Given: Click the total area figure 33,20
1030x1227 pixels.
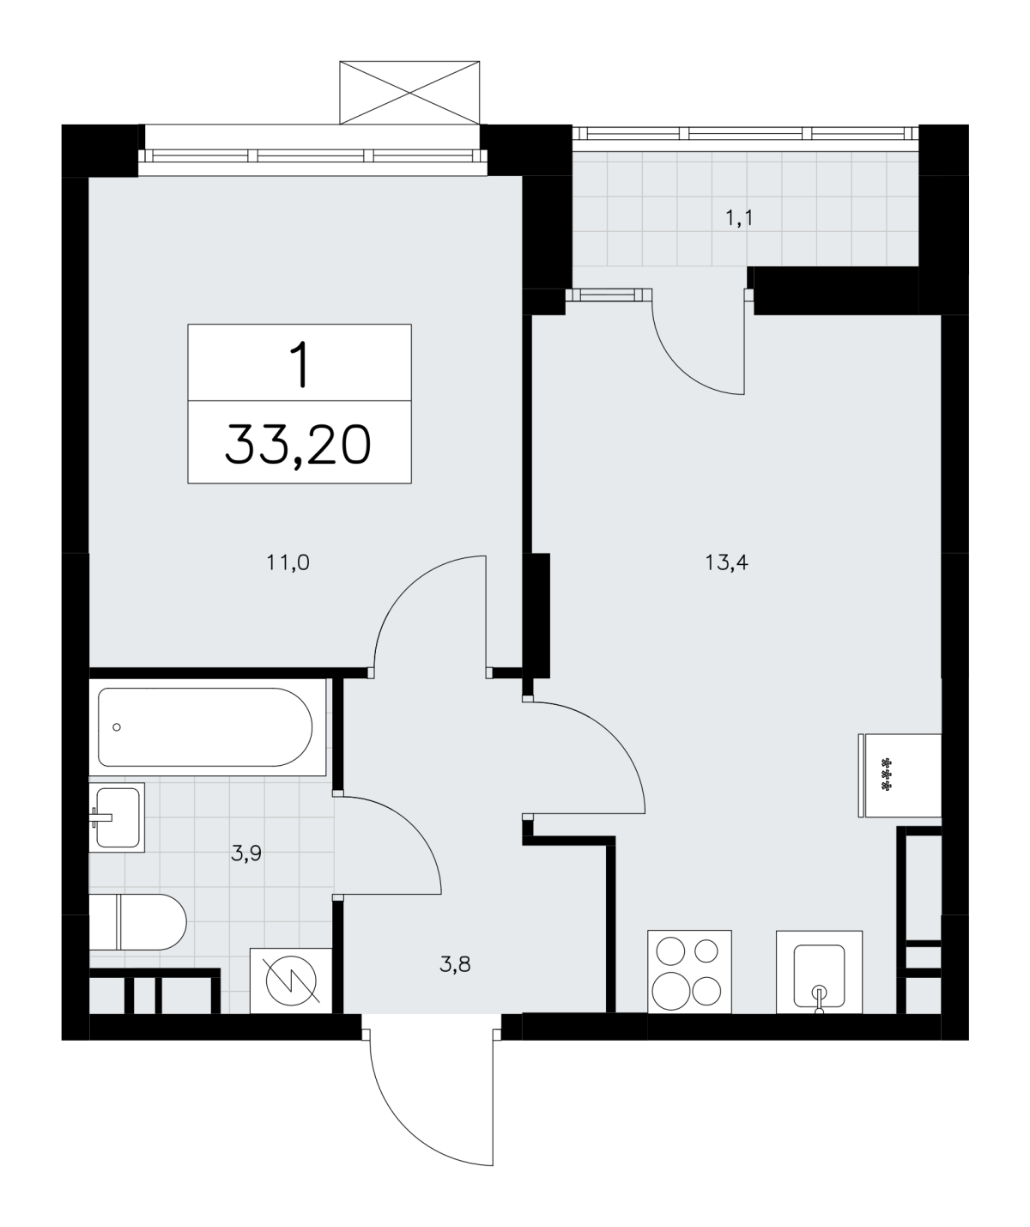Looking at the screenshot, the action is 298,446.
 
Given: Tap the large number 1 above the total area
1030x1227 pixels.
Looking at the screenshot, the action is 299,366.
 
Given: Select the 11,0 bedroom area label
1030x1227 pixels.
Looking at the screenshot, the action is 288,563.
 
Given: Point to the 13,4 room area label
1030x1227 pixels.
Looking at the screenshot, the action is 726,563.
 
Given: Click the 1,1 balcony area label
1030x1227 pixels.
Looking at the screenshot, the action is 739,219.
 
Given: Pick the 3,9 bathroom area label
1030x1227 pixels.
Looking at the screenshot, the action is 246,853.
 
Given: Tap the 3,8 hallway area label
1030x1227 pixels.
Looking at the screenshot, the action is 456,964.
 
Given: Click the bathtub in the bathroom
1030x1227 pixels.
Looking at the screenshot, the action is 208,727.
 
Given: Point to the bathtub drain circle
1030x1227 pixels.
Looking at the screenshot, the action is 117,727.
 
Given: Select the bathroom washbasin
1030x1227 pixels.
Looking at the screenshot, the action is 117,817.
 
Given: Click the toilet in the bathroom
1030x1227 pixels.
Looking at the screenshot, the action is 137,922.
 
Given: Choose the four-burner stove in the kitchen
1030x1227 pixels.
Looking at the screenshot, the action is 689,972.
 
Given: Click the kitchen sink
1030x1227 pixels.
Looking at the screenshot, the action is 819,972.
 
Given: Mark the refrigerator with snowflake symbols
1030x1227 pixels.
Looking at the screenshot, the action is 900,775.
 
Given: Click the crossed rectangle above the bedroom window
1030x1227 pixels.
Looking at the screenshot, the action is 409,92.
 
